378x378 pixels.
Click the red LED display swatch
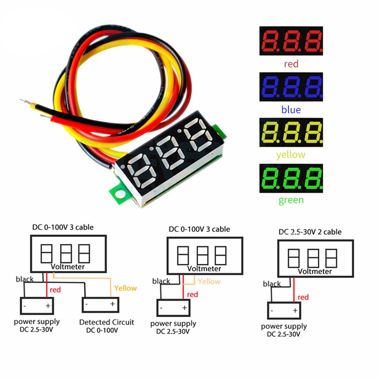(x=291, y=41)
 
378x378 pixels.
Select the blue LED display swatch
(x=291, y=87)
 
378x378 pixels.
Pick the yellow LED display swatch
(x=291, y=132)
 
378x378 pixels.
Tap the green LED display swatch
(x=291, y=178)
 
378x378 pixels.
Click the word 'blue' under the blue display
(x=291, y=110)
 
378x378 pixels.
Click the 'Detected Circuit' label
(x=107, y=322)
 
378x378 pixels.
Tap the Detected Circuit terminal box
(x=101, y=305)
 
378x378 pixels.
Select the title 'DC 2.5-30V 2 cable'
(x=310, y=232)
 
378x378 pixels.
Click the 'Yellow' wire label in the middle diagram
(x=209, y=282)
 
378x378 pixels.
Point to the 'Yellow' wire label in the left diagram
(x=125, y=288)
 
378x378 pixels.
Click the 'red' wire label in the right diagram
(x=303, y=297)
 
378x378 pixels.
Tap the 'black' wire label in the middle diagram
(x=161, y=281)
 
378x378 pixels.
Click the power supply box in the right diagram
(x=284, y=310)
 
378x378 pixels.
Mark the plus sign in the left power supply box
(x=48, y=306)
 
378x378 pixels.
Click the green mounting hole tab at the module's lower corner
(x=119, y=194)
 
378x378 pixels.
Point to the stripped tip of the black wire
(x=25, y=101)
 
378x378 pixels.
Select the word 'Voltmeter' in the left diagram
(x=68, y=267)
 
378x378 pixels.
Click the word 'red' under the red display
(x=291, y=64)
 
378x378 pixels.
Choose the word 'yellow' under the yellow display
(x=291, y=155)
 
